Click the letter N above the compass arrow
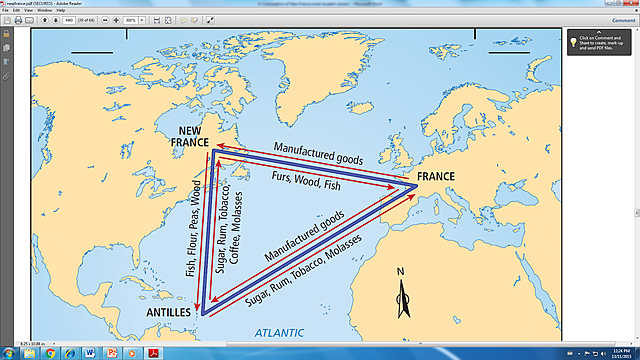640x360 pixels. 401,271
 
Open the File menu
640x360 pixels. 5,10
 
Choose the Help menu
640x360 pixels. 60,10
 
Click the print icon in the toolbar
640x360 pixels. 19,20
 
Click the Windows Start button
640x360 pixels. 9,353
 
